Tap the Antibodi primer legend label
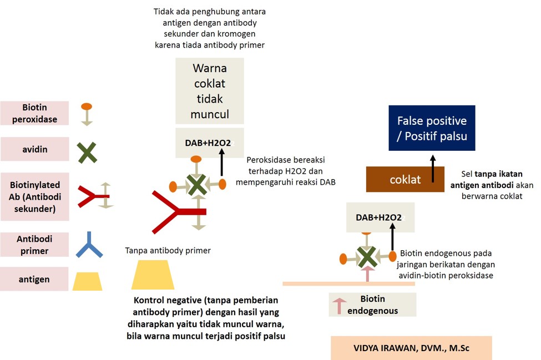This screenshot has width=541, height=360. pos(34,245)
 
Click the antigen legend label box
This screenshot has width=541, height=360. pos(34,279)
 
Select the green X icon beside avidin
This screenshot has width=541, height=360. pos(87,152)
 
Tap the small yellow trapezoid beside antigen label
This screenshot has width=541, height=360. pos(88,281)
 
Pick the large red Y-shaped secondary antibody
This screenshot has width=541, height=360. pos(175,211)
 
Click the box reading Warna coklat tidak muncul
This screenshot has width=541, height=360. pos(210,92)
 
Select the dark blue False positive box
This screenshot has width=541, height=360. pos(432,128)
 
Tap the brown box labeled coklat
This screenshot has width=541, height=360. pos(405,180)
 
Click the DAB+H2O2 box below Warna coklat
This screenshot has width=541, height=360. pos(209,143)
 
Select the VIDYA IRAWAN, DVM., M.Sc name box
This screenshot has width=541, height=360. pos(411,348)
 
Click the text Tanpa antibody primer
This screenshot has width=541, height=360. pos(168,250)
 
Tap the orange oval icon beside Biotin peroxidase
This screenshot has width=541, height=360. pos(87,107)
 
